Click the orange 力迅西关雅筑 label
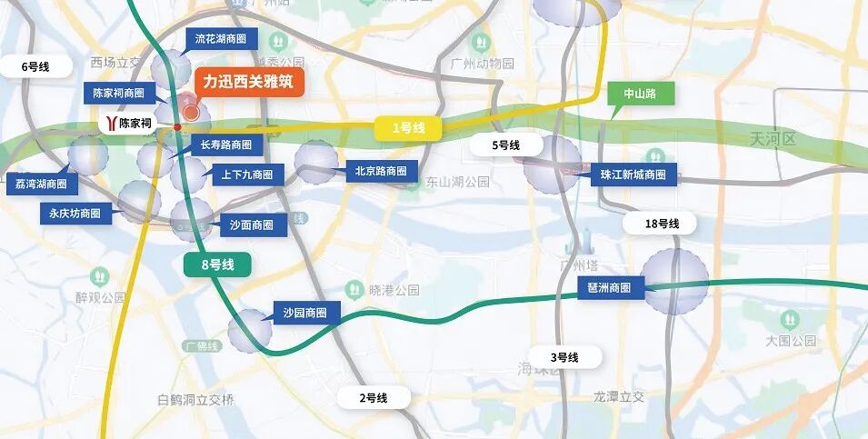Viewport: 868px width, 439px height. point(248,82)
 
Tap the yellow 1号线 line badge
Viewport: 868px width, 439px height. point(408,128)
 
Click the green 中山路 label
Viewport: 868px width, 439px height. point(634,93)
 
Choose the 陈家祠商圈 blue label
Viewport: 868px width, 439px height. point(120,93)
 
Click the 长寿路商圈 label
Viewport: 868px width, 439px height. point(227,145)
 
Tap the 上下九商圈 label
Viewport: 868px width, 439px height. point(246,174)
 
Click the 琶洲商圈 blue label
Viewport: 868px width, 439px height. point(611,287)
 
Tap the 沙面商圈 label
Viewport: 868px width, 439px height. point(252,225)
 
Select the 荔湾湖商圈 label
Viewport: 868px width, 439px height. point(41,183)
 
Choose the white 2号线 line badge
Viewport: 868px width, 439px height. point(373,397)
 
